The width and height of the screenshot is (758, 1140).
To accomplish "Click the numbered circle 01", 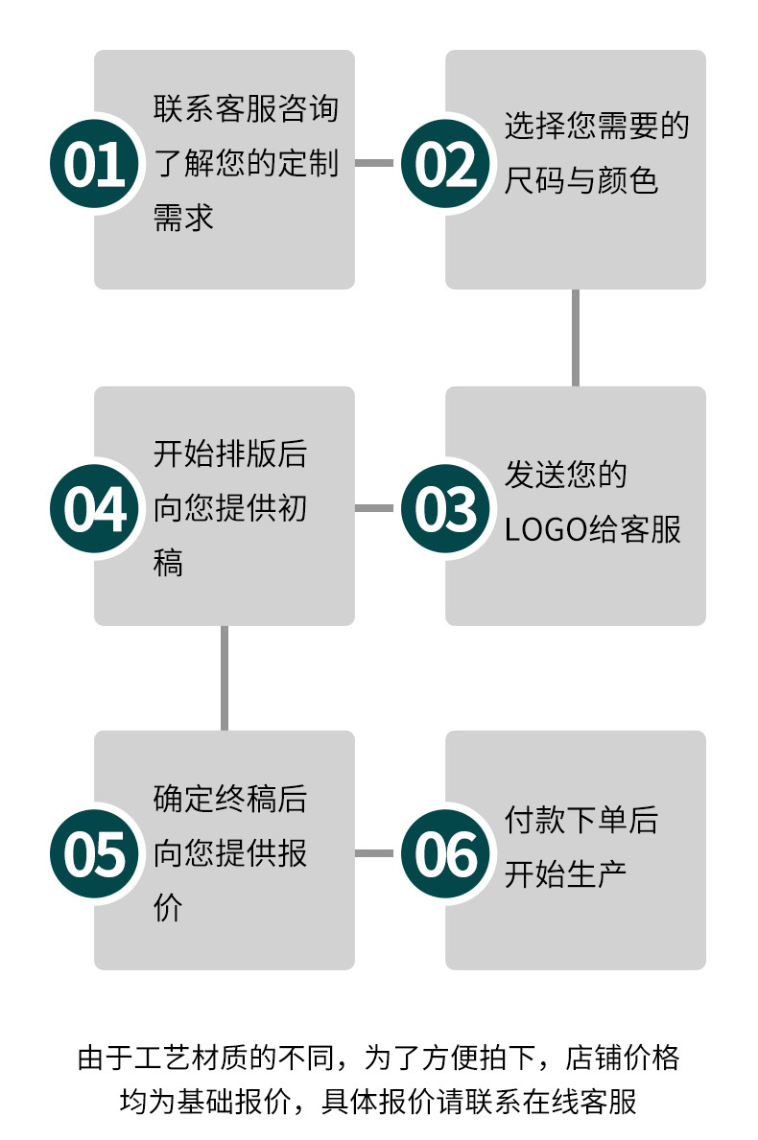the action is [x=95, y=163].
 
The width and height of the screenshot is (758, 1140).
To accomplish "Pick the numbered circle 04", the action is [x=95, y=507].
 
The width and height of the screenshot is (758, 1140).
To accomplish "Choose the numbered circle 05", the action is [x=95, y=852].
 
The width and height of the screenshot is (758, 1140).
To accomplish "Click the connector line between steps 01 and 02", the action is [x=374, y=163].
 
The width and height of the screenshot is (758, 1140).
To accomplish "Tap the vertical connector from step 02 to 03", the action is [x=576, y=337].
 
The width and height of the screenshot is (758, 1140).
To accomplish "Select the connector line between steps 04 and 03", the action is [x=374, y=507].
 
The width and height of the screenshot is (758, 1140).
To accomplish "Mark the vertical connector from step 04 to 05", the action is [x=225, y=678].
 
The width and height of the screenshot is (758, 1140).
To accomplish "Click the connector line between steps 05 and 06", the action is [x=374, y=852].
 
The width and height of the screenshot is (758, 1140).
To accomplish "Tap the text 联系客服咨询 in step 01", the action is [x=246, y=108].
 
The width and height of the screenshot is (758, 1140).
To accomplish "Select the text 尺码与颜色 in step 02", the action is [x=581, y=179].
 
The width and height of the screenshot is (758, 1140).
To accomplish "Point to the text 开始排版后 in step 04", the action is [x=230, y=454].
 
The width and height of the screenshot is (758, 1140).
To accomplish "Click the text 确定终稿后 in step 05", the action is [x=230, y=799].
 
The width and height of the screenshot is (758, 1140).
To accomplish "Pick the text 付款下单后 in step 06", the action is [x=581, y=820].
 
